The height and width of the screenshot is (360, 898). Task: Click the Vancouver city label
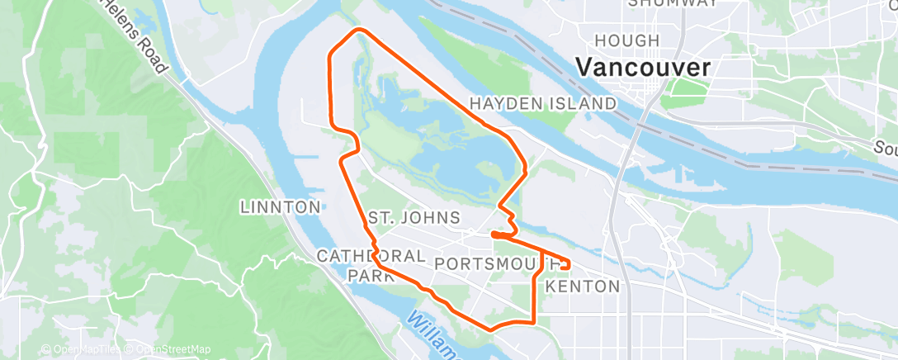pos(643,68)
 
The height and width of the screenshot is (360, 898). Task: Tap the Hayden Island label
pos(543,104)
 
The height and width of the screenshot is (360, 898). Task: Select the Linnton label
pos(280,207)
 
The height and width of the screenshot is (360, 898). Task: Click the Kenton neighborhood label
pos(583,287)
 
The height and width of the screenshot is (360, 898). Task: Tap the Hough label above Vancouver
pos(627,40)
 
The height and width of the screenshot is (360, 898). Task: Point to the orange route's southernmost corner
pos(492,329)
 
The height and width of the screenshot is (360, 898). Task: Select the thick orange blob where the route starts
pos(497,235)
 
